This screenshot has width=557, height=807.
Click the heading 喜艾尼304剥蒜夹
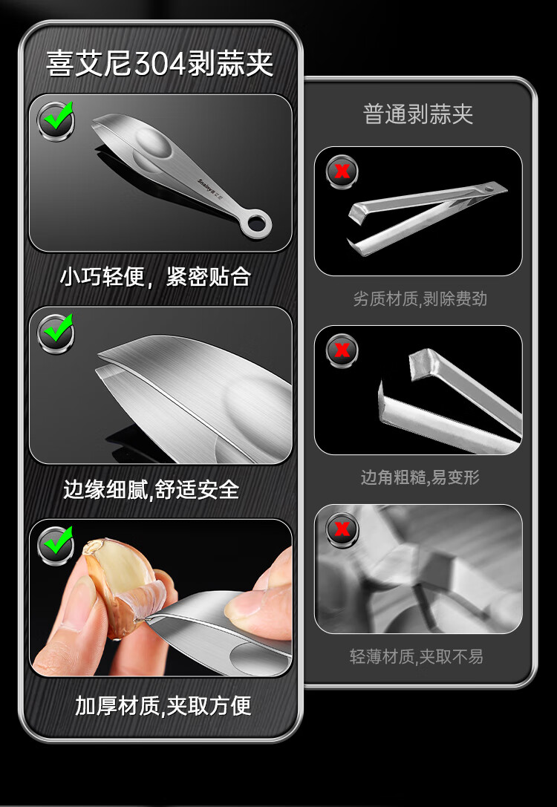coord(160,63)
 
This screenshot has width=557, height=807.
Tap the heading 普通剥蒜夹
coord(417,114)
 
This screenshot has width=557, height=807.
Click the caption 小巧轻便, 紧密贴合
coord(155,276)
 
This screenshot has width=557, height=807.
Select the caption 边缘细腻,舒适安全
coord(152,489)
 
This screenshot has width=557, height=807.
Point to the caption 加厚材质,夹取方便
coord(163,705)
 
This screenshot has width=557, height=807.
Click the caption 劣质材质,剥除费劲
coord(420,298)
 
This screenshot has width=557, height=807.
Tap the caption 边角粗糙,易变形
coord(420,477)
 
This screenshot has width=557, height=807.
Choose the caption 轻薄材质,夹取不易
coord(416,656)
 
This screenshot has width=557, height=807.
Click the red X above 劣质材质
coord(342,171)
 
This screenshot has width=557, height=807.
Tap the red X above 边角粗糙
coord(342,350)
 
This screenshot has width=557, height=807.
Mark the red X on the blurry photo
coord(342,529)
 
